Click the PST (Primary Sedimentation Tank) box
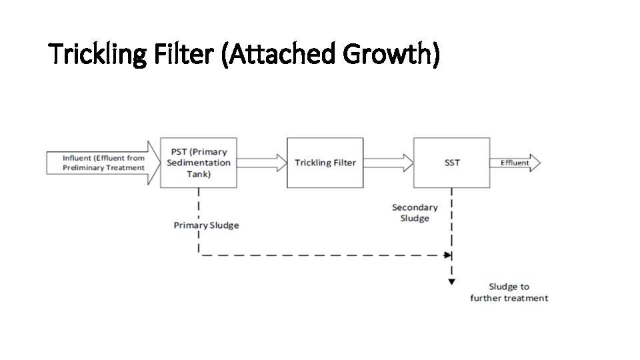(198, 163)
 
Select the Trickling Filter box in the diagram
(325, 163)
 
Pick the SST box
(452, 163)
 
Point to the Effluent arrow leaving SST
(515, 163)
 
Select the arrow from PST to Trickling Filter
(261, 163)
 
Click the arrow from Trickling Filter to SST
(388, 163)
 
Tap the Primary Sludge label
(206, 225)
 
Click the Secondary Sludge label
(415, 213)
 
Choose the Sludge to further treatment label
(509, 292)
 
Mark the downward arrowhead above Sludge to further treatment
(452, 281)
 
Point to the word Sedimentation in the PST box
(198, 163)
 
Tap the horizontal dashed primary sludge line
(320, 254)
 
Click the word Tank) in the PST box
(198, 174)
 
